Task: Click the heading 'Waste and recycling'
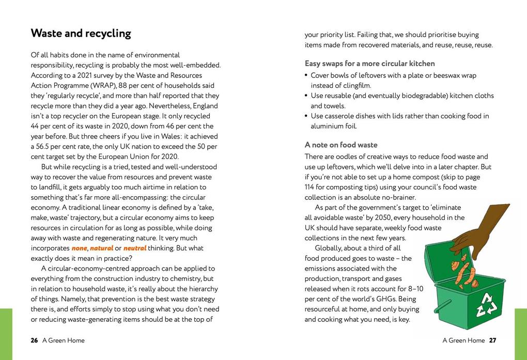coord(81,34)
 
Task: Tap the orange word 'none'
coord(79,248)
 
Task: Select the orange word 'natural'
coord(101,248)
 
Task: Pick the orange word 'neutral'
coord(135,248)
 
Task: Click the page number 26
coord(34,340)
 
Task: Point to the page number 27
coord(492,340)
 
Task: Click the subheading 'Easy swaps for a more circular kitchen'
coord(369,64)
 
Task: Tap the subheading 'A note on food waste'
coord(341,145)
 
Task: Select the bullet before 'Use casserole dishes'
coord(306,116)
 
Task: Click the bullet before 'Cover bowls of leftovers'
coord(306,75)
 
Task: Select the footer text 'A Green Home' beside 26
coord(64,340)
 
